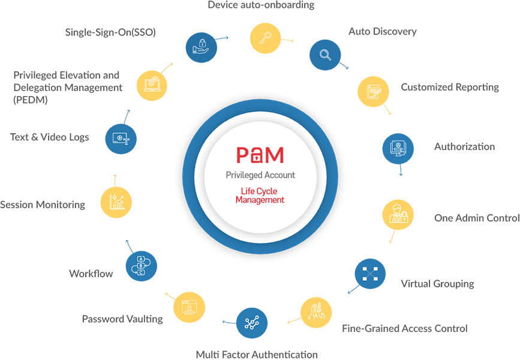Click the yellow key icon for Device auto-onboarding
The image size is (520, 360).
pos(264,38)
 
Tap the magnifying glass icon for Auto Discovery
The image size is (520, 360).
pos(325,55)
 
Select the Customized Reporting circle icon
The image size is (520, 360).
pos(374,91)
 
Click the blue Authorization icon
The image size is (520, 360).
pos(398,148)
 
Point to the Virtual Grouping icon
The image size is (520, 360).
pos(370,274)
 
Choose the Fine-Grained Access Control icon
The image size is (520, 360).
pos(316,313)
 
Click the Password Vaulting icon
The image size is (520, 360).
pos(189,308)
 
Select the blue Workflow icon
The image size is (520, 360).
pos(142,266)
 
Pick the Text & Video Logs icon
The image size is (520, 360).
pos(121,137)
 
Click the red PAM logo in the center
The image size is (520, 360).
pos(260,155)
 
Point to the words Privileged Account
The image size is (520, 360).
pos(260,175)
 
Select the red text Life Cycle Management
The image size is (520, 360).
pos(260,196)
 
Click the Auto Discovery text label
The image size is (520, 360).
pos(382,31)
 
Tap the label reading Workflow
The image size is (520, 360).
pos(91,274)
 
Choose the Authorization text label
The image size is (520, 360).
pos(464,146)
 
